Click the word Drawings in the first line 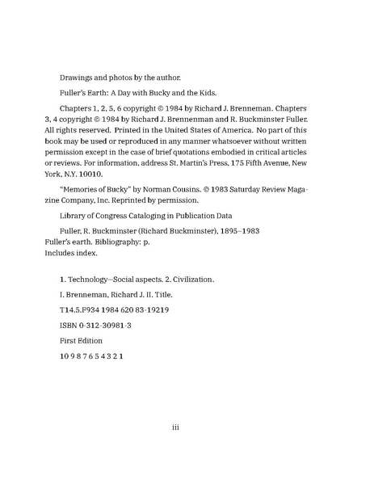(78, 78)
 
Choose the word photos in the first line (130, 78)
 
